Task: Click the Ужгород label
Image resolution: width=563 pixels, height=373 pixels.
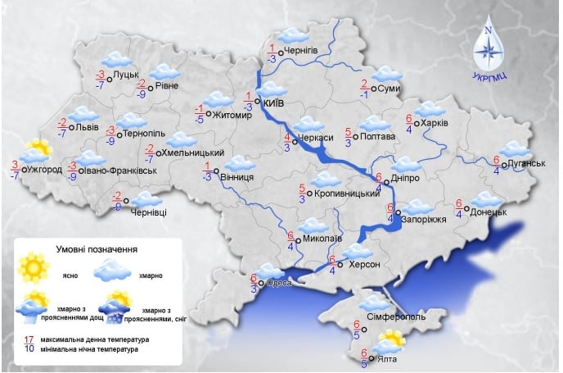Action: [44, 169]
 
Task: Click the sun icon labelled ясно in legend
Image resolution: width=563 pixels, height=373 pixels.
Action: [34, 266]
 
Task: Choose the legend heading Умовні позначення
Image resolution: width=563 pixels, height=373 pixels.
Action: [97, 248]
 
